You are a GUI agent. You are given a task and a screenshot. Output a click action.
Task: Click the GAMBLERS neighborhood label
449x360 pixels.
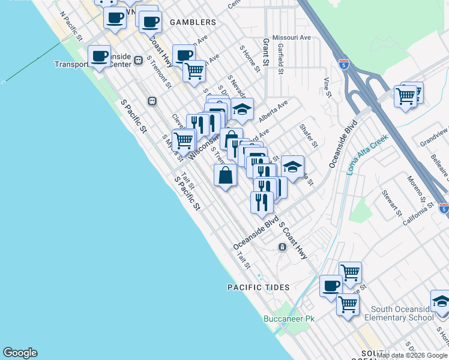coord(193,22)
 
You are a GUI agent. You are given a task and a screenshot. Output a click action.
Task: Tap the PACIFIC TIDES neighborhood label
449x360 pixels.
coord(258,287)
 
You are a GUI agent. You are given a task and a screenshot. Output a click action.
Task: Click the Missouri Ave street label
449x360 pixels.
coord(292,37)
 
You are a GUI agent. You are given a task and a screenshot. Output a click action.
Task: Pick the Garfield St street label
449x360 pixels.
coord(281,61)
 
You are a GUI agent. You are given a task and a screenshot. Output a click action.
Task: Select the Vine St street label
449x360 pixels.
coord(327,87)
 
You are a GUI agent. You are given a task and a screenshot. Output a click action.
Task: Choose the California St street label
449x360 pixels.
coord(418,213)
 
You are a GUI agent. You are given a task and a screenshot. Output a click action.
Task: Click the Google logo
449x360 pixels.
coord(20,353)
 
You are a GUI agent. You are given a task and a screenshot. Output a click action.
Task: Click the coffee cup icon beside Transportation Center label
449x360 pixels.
coord(100,56)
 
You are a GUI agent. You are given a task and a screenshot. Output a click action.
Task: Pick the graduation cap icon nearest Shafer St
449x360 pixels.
coord(292,166)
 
